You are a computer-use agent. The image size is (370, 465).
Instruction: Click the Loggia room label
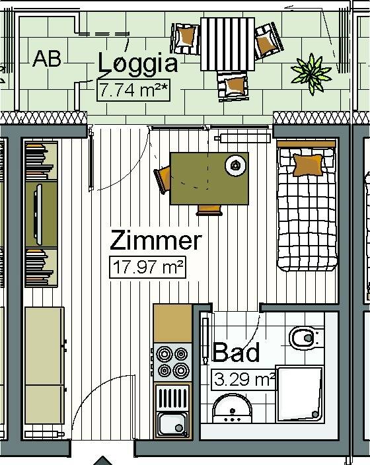[x=138, y=63]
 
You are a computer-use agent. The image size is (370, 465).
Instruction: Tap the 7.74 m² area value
[x=133, y=90]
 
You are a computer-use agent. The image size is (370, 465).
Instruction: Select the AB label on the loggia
[x=47, y=59]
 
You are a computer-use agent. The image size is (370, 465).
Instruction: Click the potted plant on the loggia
[x=311, y=73]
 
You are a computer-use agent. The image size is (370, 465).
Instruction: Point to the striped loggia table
[x=227, y=44]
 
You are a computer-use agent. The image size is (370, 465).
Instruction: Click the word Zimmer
[x=156, y=240]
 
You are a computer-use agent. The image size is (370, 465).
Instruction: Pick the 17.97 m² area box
[x=147, y=268]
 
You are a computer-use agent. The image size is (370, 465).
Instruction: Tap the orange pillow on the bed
[x=308, y=164]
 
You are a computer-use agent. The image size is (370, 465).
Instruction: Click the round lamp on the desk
[x=236, y=165]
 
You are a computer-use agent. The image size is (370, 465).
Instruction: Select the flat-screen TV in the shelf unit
[x=38, y=215]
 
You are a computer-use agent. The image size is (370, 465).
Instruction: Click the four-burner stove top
[x=172, y=362]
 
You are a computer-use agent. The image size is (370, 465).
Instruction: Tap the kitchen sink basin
[x=172, y=424]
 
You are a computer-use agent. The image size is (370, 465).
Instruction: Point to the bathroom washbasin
[x=233, y=408]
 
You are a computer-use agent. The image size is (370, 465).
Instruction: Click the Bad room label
[x=236, y=352]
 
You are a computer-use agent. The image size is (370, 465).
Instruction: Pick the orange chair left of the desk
[x=163, y=179]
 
